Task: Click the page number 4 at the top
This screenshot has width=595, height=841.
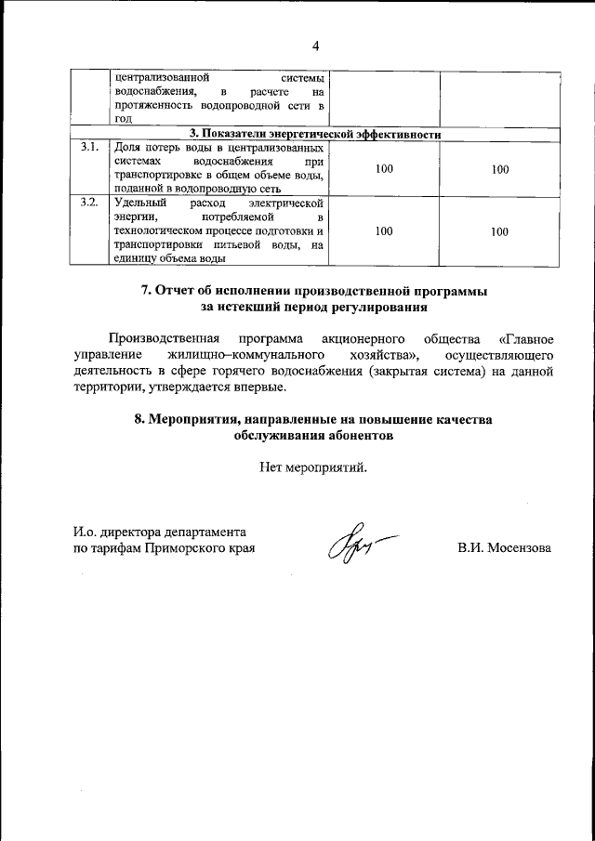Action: [315, 46]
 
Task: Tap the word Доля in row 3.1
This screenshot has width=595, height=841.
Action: [126, 148]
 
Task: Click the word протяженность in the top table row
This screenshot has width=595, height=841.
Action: [151, 107]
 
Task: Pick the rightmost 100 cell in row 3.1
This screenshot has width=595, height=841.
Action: [500, 169]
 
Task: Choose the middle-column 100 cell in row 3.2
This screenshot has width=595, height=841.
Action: [384, 231]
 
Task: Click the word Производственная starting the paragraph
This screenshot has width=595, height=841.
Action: [164, 336]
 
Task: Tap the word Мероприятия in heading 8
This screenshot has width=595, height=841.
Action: [194, 419]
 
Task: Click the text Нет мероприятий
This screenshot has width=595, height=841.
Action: [314, 467]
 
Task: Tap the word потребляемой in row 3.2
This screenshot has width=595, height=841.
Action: [232, 217]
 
